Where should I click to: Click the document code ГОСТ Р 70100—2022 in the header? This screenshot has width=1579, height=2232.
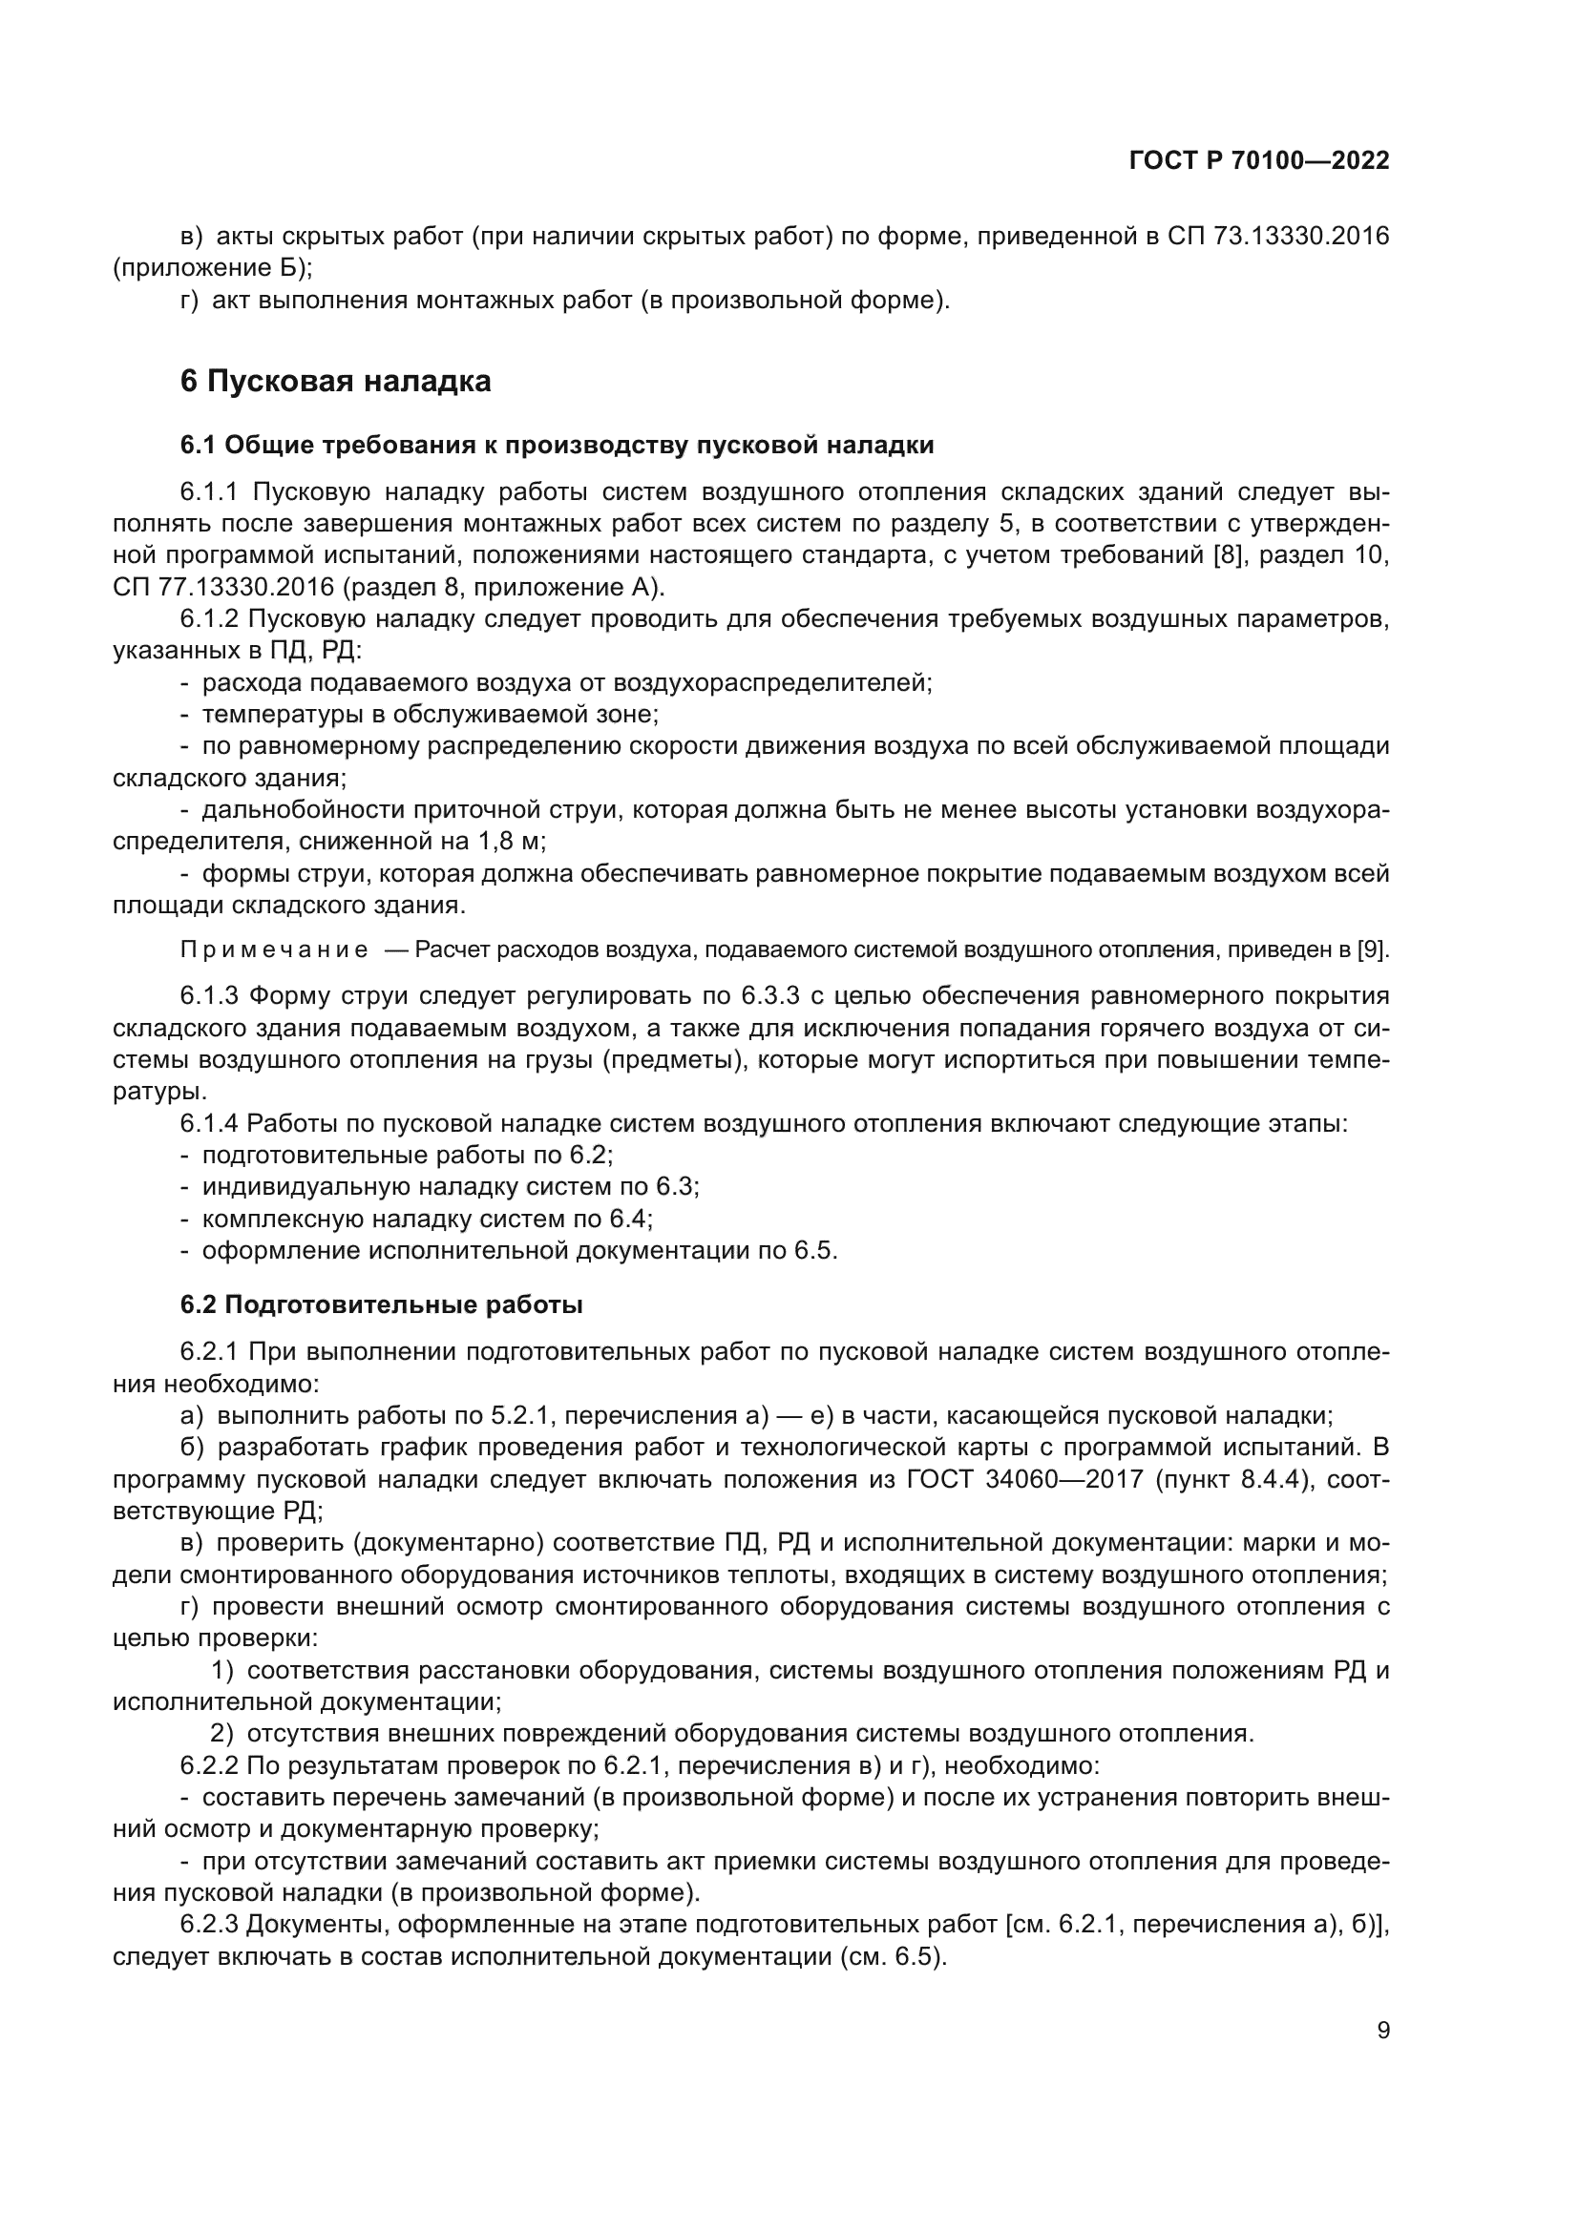click(1259, 161)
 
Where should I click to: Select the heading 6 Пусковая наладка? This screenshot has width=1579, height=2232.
click(335, 381)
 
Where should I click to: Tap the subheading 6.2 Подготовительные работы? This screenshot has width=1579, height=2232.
click(381, 1304)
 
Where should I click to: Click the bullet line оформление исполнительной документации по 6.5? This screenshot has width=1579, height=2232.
click(519, 1250)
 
